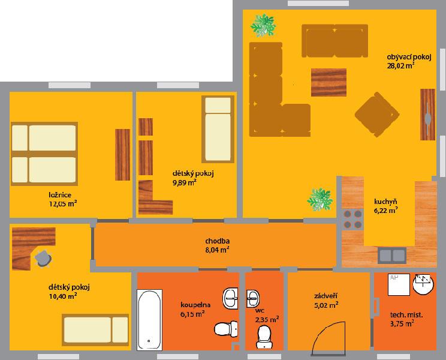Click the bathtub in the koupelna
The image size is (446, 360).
(x=150, y=320)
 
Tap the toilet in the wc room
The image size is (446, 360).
(x=264, y=337)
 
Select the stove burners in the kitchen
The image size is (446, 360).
(x=352, y=219)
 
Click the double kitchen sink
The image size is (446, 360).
(x=392, y=255)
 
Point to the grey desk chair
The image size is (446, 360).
(x=43, y=259)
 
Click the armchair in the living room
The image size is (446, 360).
(x=377, y=115)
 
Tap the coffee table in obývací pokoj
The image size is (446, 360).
(x=329, y=82)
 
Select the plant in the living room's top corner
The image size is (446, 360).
(x=263, y=26)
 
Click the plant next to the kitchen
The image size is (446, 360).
(x=320, y=199)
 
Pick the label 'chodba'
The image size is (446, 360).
(x=218, y=241)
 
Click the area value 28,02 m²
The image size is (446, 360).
(x=400, y=66)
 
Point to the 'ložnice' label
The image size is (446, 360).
(x=60, y=195)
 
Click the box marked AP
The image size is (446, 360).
(x=399, y=284)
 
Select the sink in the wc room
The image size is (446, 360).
(x=252, y=299)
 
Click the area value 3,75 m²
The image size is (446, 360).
(x=402, y=324)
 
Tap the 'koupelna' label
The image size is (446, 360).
(x=195, y=305)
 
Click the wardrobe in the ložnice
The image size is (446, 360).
(x=123, y=155)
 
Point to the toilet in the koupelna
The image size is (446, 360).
(x=226, y=329)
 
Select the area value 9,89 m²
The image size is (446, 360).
(x=184, y=183)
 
